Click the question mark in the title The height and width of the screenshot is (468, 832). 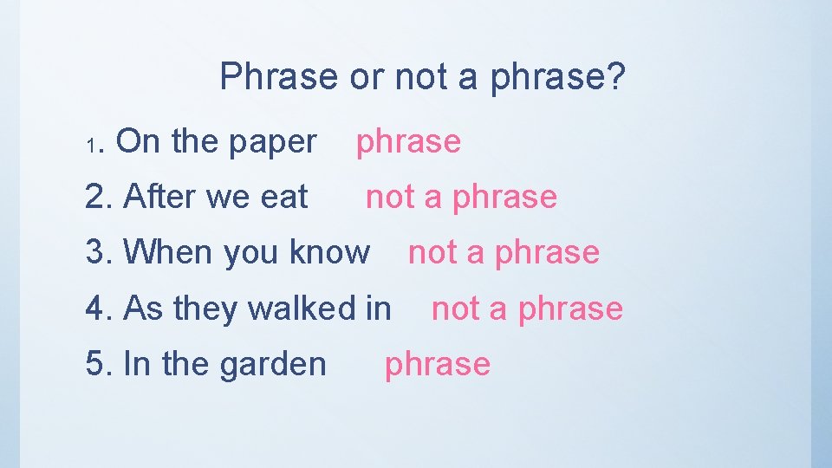tap(614, 76)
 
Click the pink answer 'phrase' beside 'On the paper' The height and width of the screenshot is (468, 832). tap(409, 141)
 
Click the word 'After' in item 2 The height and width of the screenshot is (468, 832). tap(158, 197)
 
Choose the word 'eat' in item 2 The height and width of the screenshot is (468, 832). tap(284, 197)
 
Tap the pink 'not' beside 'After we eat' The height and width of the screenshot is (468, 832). tap(391, 197)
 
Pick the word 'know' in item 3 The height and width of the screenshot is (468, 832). tap(329, 252)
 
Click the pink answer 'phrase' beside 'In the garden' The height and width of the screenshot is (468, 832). tap(438, 365)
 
